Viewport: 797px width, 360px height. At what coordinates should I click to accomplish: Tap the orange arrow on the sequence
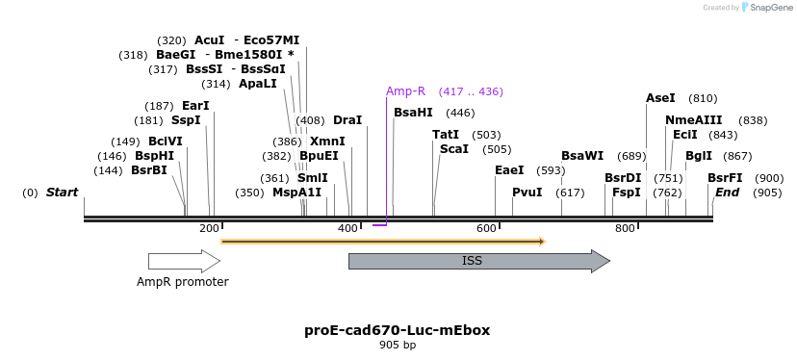point(383,241)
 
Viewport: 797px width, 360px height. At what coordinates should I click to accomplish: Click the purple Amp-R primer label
point(405,91)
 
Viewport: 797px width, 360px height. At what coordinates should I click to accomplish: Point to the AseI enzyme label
point(660,98)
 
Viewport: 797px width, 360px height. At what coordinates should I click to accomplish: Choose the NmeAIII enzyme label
point(693,120)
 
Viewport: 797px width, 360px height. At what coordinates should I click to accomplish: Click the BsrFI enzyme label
point(725,178)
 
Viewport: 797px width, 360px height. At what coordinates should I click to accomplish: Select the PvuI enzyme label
point(527,193)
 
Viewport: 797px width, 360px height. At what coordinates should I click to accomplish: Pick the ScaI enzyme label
point(454,149)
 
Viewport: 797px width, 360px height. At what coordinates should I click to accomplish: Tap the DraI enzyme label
point(347,120)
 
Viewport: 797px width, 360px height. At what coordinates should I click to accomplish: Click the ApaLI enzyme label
point(258,84)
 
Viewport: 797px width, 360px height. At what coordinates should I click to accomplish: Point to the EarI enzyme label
point(195,106)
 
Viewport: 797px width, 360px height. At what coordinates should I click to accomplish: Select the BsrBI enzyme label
point(149,170)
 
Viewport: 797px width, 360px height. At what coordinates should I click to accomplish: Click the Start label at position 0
point(62,193)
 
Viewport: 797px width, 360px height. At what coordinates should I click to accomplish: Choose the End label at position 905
point(727,193)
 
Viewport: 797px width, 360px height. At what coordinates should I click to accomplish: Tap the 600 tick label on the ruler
point(486,228)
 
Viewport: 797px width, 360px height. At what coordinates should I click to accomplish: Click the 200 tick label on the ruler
point(209,228)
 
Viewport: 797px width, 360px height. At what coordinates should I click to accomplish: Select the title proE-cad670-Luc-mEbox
point(397,330)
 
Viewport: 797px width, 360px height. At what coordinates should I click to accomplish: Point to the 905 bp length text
point(397,345)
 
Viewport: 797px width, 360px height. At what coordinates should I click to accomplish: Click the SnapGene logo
point(765,8)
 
